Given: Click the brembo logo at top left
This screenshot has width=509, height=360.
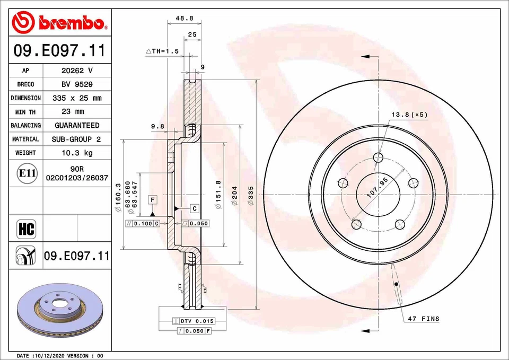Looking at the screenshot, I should click(59, 23).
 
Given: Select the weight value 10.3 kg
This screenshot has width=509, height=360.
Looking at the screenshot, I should click(77, 153).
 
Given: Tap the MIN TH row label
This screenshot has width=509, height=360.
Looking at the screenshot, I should click(25, 112).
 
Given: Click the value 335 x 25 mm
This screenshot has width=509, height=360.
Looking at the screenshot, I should click(77, 98).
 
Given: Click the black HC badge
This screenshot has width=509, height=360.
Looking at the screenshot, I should click(26, 229).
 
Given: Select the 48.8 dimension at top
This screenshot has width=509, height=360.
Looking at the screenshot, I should click(184, 18).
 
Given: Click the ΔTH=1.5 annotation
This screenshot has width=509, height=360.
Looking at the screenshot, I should click(162, 51).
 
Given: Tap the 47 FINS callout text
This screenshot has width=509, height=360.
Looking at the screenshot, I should click(423, 319).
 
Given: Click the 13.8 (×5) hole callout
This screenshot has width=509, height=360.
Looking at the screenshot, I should click(409, 115).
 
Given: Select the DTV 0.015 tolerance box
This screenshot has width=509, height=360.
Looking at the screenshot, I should click(194, 321).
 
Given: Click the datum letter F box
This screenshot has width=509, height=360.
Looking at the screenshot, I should click(153, 199).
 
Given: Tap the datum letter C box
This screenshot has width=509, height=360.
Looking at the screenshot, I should click(195, 208).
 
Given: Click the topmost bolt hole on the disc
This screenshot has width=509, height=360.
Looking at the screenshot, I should click(378, 157).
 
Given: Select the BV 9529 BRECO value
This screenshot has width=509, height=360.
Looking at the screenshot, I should click(77, 84).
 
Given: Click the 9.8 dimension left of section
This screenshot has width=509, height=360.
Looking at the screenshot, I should click(157, 126).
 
